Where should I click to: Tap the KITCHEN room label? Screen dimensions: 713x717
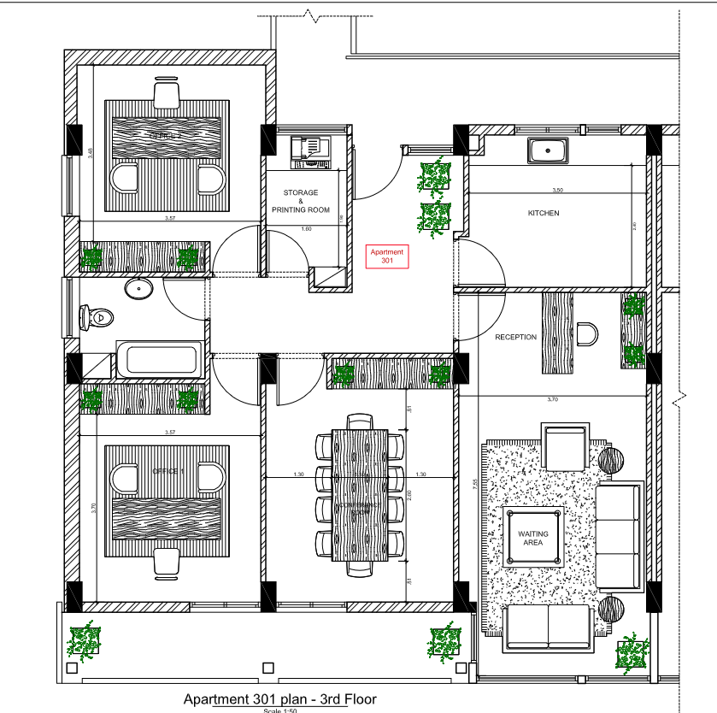point(544,213)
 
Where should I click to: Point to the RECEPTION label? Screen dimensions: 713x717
point(515,337)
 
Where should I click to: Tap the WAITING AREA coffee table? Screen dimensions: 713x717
point(533,535)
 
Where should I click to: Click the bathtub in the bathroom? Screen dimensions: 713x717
point(160,359)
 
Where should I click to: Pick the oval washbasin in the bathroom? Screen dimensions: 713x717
point(138,288)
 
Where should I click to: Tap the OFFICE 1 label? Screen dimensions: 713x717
point(167,472)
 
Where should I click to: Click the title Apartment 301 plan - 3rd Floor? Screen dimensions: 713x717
point(279,698)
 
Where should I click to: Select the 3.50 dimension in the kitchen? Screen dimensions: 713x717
point(558,190)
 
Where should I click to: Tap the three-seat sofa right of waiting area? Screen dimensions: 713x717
point(619,536)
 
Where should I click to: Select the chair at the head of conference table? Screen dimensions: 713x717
point(360,420)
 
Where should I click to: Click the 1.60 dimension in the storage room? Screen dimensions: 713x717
point(306,229)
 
